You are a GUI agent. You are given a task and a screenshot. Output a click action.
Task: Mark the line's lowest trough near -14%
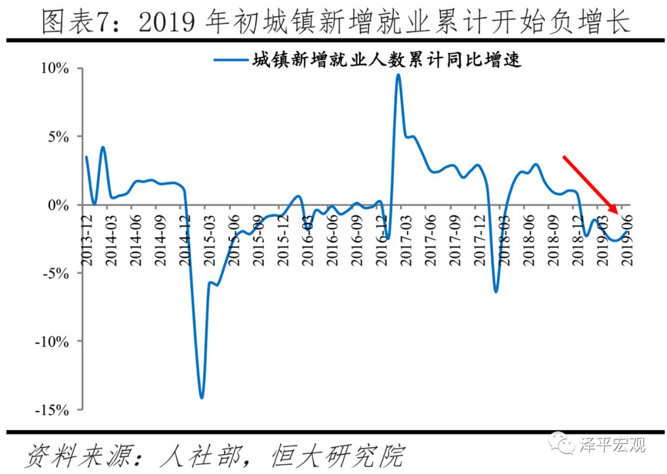[201, 397]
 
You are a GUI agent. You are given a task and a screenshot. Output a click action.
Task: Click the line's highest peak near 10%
[398, 75]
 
